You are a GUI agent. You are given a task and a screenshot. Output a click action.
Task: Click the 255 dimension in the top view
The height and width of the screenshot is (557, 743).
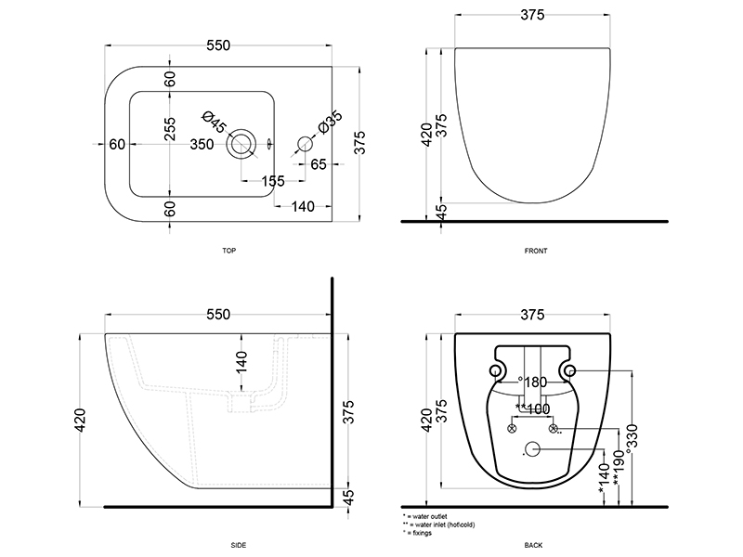[170, 130]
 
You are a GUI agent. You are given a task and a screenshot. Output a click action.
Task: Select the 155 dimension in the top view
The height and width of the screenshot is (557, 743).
[272, 181]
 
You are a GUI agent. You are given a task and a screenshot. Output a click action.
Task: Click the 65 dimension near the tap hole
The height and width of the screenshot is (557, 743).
[318, 164]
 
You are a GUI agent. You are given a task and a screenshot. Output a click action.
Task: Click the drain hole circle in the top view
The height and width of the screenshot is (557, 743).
[243, 144]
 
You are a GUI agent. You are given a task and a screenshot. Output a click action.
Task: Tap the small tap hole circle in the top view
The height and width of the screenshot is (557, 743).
[304, 144]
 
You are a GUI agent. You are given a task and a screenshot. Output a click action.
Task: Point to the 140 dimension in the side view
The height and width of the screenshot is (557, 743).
[241, 362]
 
